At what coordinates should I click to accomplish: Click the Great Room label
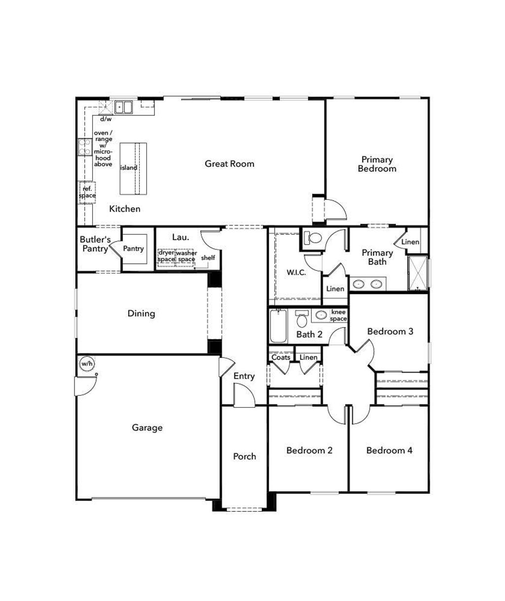[229, 164]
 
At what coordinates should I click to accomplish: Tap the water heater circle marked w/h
[87, 364]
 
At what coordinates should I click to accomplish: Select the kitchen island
[133, 168]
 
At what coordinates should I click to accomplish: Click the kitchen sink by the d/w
[123, 107]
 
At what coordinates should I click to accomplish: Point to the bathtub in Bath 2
[279, 325]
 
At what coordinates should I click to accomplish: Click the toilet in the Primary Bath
[312, 238]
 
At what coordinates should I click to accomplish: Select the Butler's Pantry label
[95, 244]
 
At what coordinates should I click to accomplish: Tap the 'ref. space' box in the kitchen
[87, 192]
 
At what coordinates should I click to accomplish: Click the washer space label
[186, 256]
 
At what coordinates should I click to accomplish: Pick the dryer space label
[166, 256]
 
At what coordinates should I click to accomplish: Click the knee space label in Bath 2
[338, 316]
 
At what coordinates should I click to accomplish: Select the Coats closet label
[281, 357]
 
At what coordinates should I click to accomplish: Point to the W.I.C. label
[296, 272]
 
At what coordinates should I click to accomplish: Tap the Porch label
[244, 457]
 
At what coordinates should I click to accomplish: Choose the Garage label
[147, 428]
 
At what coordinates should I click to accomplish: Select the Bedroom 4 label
[389, 450]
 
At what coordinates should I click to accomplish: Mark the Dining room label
[141, 314]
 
